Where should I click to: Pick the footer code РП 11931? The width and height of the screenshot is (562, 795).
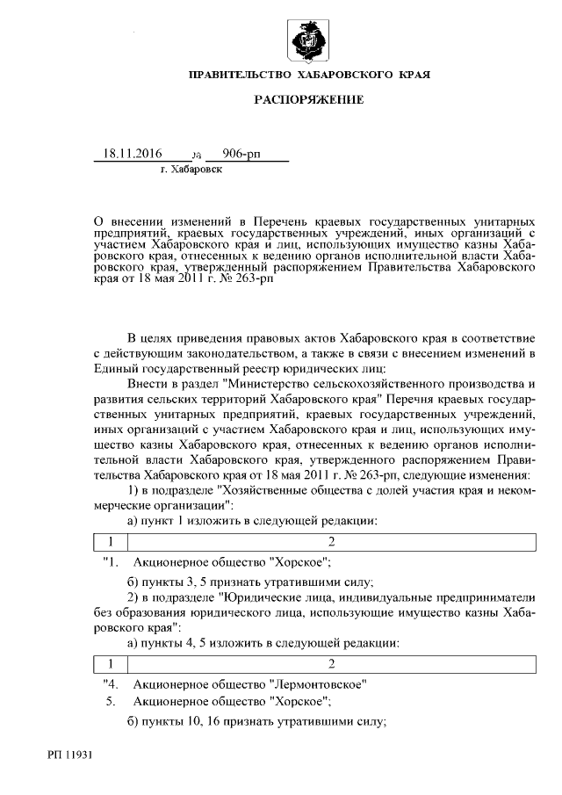coord(71,753)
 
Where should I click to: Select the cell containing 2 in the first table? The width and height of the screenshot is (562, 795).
coord(331,541)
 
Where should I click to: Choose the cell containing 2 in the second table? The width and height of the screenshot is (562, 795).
coord(331,662)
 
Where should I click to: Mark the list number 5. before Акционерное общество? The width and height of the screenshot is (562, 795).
coord(111,702)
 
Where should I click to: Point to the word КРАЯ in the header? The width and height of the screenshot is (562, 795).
coord(411,76)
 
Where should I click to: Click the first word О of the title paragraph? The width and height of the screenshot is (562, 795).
coord(98,216)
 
